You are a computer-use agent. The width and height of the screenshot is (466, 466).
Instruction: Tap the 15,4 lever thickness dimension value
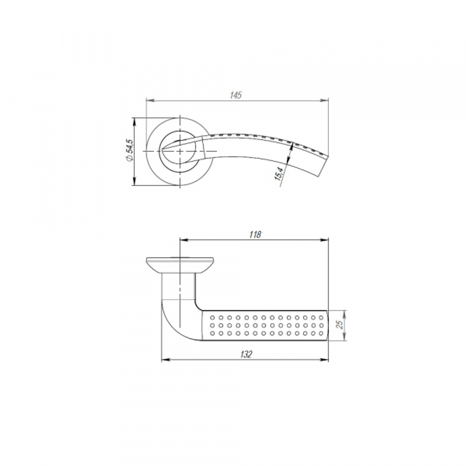click(x=279, y=174)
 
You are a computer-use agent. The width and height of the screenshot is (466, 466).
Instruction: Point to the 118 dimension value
click(x=255, y=235)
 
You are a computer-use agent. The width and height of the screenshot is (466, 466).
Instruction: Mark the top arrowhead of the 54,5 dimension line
click(x=135, y=120)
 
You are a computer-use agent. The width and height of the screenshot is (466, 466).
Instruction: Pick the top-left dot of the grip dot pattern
click(x=212, y=318)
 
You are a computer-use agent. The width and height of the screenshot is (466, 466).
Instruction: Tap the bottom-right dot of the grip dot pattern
click(x=322, y=334)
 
